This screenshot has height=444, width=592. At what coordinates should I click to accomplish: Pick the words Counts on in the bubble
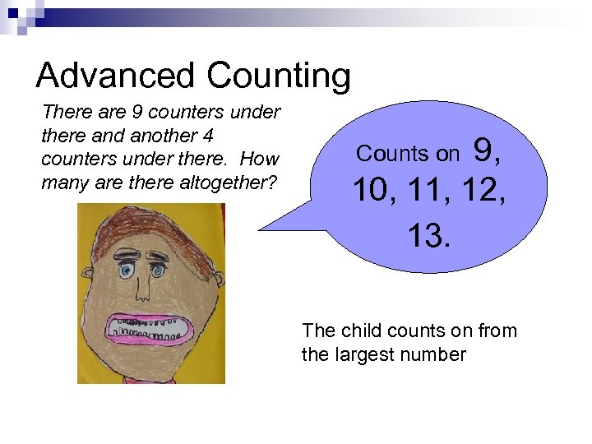pos(408,154)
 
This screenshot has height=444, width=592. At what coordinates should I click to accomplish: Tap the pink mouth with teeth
pos(150,326)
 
